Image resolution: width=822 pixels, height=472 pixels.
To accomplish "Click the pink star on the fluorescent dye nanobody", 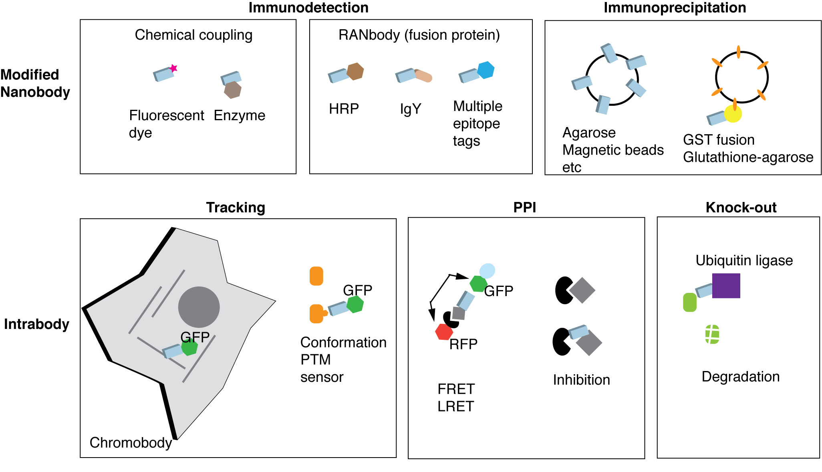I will click(x=173, y=69).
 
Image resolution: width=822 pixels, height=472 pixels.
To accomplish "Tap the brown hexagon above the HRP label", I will click(x=355, y=72).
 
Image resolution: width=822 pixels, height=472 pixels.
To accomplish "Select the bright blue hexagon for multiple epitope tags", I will click(x=486, y=70).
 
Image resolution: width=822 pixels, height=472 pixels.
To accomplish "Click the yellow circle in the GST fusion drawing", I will click(x=733, y=114).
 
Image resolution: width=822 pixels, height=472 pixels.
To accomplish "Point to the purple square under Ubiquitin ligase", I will click(x=726, y=286).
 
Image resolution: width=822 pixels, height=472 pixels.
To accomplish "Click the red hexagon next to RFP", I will click(x=444, y=332).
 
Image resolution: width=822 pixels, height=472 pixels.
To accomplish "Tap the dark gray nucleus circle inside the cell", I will click(x=199, y=307).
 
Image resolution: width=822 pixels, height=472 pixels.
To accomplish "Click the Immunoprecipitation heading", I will click(x=675, y=8).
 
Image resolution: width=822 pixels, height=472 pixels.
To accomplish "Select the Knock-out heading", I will click(x=741, y=208).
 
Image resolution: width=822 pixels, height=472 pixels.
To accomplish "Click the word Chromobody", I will click(x=131, y=443).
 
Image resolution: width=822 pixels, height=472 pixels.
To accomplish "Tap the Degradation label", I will click(x=740, y=377).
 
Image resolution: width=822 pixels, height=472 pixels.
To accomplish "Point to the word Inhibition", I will click(x=581, y=380).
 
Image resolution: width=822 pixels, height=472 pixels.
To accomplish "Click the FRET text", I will click(x=456, y=389).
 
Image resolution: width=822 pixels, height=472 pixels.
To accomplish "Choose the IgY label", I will click(x=411, y=109).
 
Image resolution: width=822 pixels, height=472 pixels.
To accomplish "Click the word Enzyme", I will click(x=239, y=115).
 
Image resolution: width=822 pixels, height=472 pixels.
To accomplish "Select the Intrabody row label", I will click(x=36, y=324).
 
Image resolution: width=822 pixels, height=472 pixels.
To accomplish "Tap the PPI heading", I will click(x=524, y=208).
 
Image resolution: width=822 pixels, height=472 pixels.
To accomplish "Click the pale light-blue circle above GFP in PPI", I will click(x=487, y=271).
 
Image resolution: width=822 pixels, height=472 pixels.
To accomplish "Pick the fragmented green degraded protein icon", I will click(x=712, y=334).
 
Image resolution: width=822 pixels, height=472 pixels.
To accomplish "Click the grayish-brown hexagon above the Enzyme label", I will click(x=232, y=90).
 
